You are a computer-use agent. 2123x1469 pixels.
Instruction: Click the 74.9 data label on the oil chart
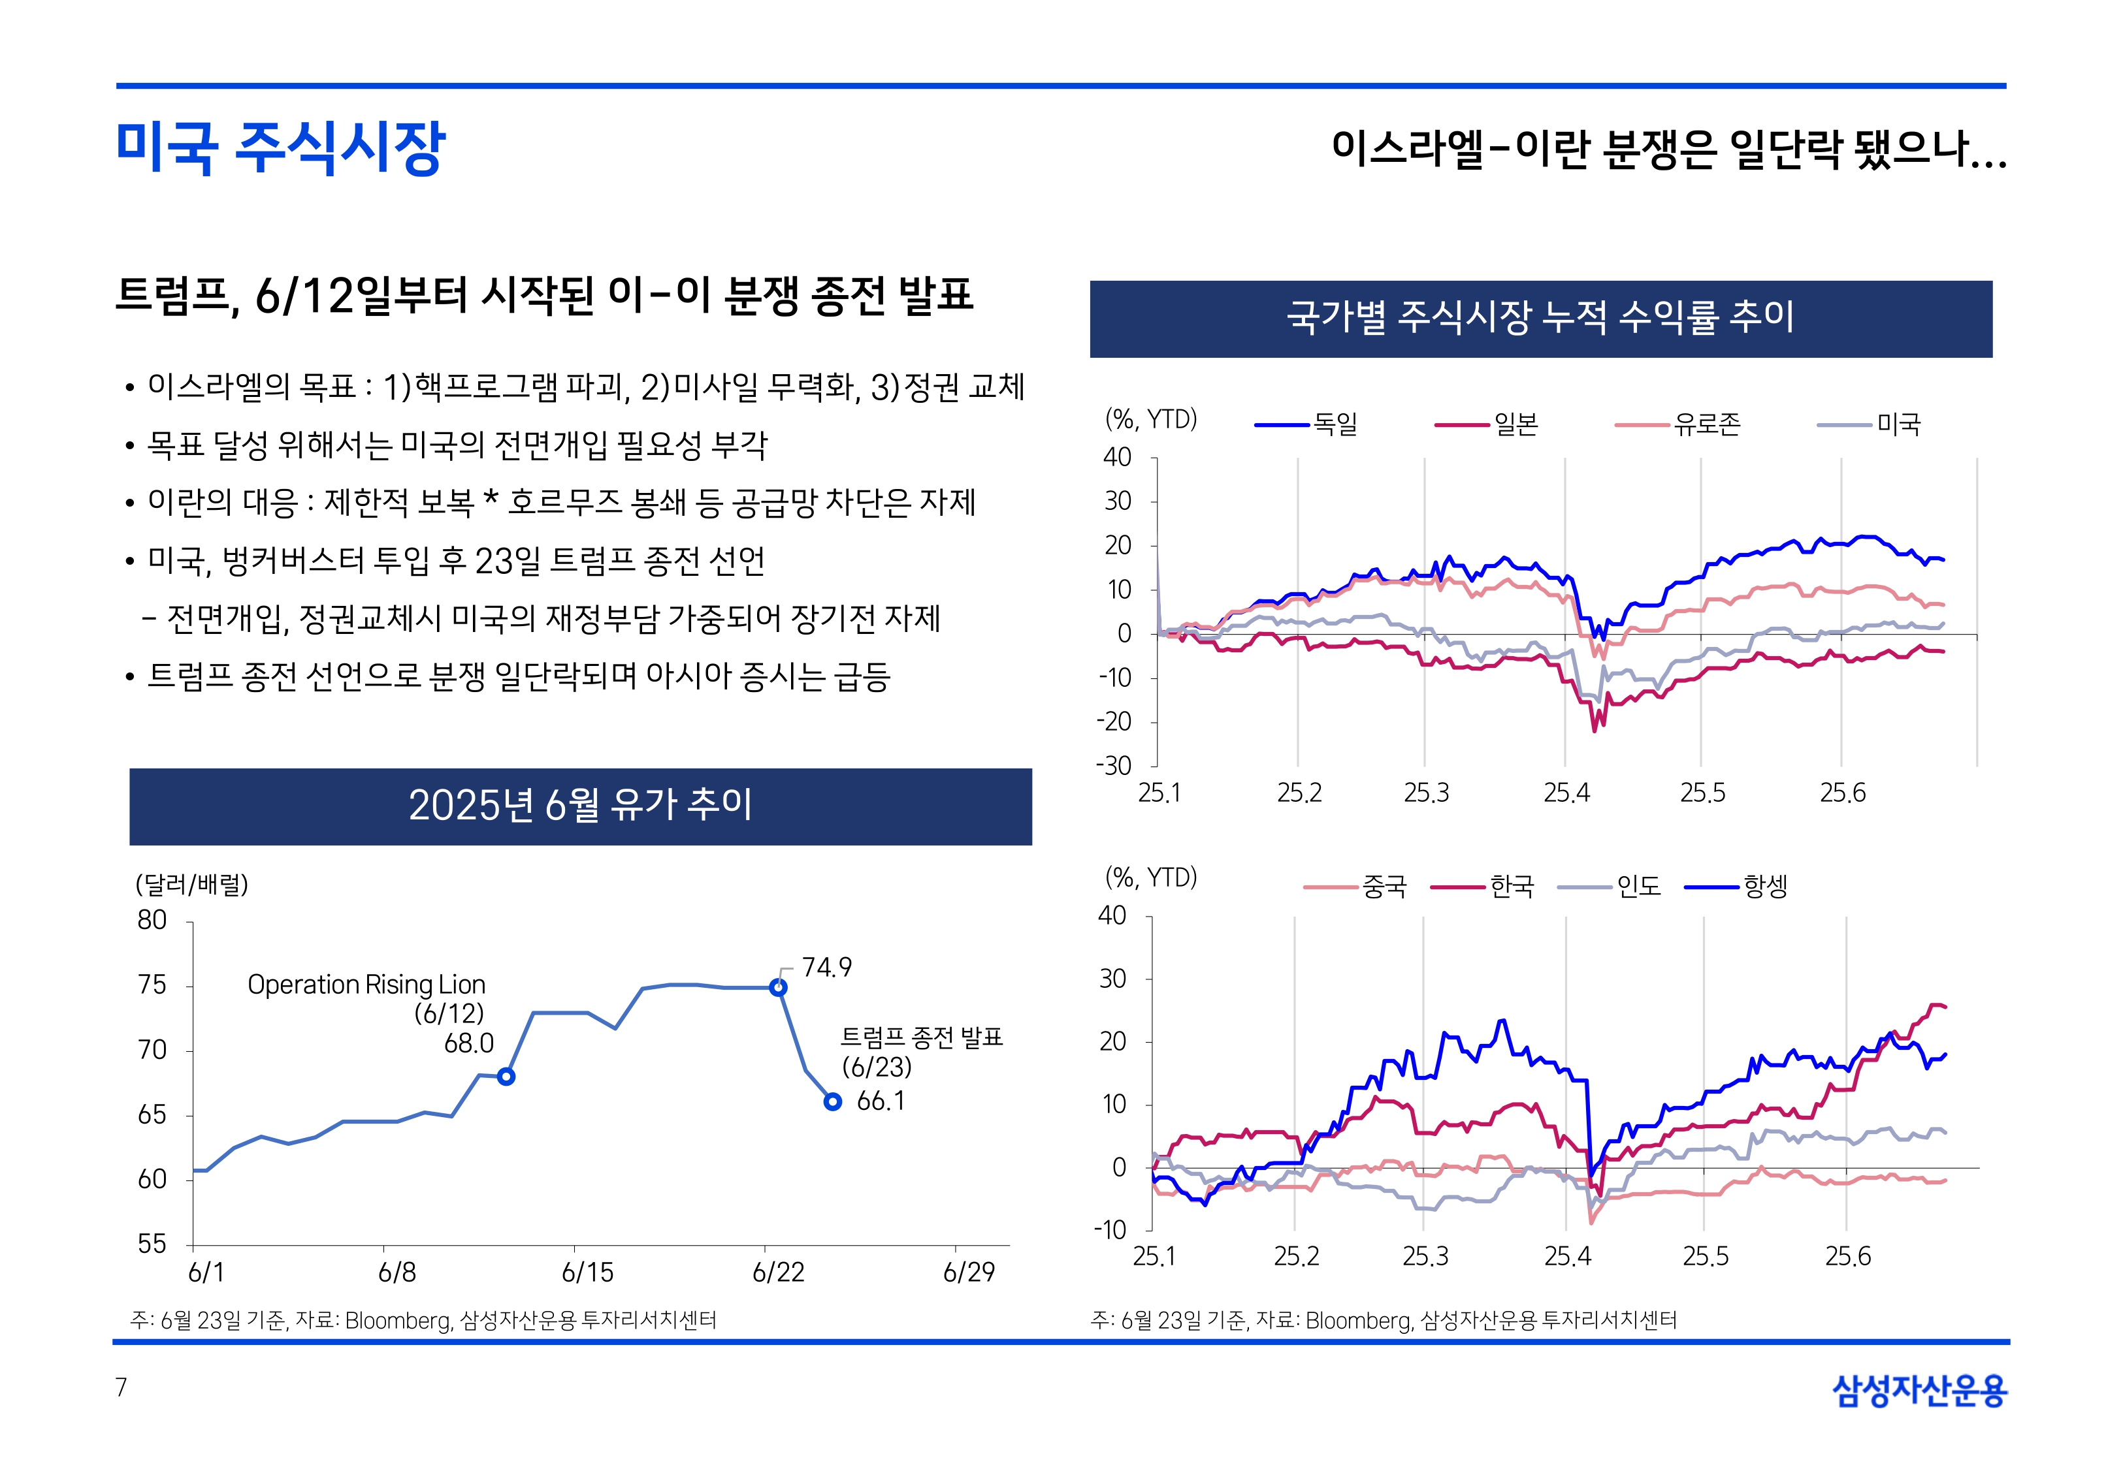pos(826,968)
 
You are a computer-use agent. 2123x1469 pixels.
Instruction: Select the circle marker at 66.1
pos(832,1102)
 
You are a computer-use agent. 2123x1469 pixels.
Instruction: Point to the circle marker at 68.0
pos(506,1076)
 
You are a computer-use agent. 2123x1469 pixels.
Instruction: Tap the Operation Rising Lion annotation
pos(366,985)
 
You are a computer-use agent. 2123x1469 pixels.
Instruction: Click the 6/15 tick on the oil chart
pos(587,1272)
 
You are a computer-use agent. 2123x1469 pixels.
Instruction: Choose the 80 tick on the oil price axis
pos(152,921)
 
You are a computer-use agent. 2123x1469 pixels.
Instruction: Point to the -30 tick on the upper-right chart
pos(1114,766)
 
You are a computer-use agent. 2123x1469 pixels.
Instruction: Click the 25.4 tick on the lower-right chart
pos(1567,1256)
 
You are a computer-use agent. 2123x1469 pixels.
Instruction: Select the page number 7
pos(122,1387)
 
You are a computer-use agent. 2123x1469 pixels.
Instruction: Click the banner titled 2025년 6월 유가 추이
pos(580,806)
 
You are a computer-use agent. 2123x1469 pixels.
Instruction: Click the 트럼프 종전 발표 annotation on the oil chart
pos(920,1038)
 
